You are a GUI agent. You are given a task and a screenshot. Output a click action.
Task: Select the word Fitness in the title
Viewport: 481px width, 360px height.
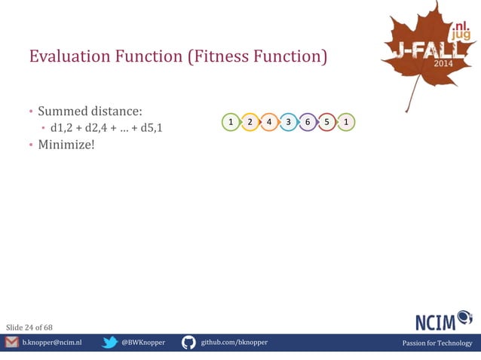(x=219, y=56)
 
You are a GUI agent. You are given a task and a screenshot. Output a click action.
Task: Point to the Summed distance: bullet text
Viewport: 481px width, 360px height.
(x=90, y=111)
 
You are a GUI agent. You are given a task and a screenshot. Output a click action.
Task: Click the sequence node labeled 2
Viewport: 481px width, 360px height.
(x=250, y=122)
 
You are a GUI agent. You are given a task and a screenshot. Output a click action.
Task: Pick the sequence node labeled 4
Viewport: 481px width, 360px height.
(x=269, y=122)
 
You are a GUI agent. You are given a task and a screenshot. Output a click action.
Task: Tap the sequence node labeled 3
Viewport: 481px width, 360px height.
(x=288, y=122)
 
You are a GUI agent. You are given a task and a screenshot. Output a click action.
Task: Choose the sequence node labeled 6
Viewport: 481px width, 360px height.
(x=308, y=122)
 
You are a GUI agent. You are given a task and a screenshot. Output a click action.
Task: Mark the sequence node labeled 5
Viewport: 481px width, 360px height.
(x=326, y=122)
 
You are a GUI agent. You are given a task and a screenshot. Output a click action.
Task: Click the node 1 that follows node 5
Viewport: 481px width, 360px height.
(x=345, y=122)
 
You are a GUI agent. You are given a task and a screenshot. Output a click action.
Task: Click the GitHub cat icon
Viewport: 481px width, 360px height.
(x=188, y=343)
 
